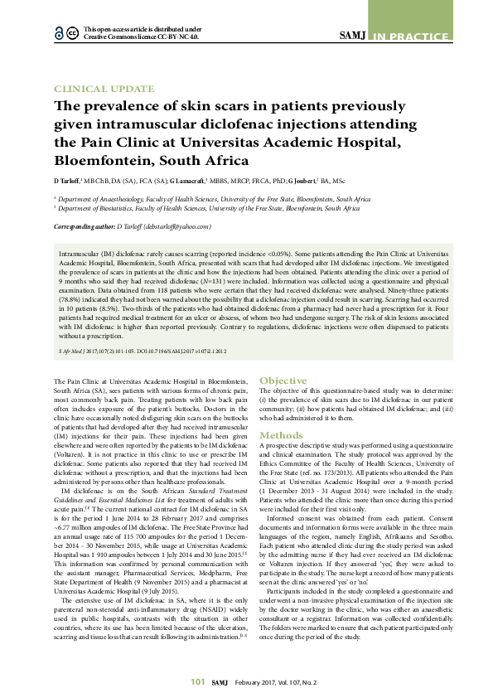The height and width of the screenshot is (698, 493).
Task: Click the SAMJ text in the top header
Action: tap(355, 35)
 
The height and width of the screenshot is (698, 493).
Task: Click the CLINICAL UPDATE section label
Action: tap(104, 89)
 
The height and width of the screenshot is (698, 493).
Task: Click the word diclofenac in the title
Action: tap(244, 124)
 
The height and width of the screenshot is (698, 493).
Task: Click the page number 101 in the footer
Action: tap(197, 681)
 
